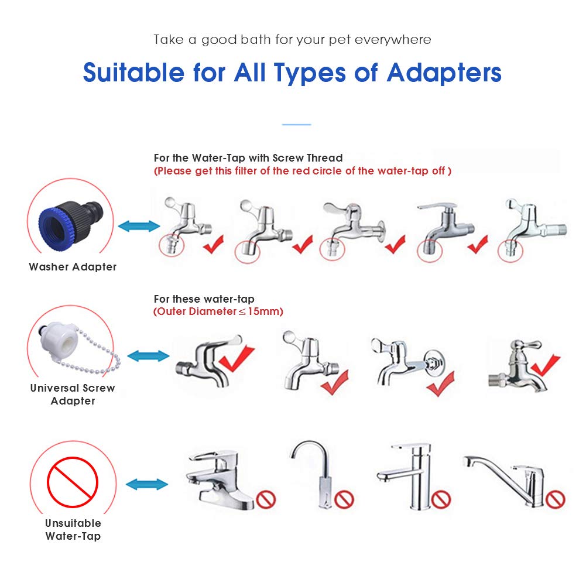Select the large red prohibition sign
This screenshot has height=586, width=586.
pos(72,481)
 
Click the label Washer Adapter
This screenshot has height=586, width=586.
pos(73,267)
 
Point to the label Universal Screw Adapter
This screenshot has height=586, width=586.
pos(73,394)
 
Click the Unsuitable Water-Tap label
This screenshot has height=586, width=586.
pos(73,529)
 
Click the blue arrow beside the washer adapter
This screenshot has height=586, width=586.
pos(138,227)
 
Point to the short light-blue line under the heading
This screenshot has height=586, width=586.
pos(296,124)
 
